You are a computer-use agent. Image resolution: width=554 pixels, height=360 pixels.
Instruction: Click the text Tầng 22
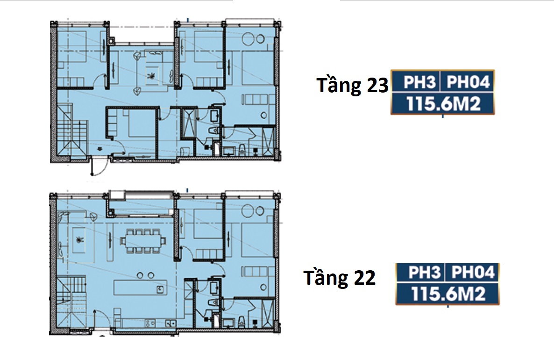[340, 277]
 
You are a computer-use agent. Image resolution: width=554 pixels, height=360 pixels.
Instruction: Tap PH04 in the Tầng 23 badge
[468, 82]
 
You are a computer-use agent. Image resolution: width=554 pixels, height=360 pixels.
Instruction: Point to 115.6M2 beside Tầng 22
[447, 294]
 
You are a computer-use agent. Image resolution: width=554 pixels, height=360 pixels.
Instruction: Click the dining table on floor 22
[143, 241]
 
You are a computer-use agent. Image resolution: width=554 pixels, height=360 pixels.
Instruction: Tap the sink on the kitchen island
[160, 288]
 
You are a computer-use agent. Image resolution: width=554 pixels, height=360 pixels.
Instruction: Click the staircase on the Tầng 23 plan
[73, 131]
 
